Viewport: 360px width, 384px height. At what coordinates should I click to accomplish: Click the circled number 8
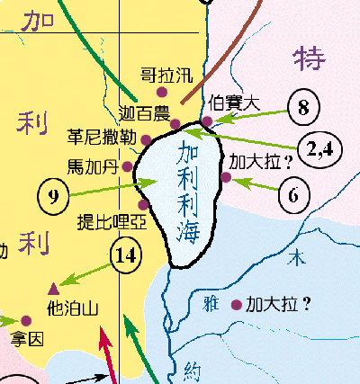coord(304,108)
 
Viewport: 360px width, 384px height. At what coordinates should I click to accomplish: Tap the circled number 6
coord(293,193)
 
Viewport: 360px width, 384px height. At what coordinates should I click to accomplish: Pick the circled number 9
coord(55,194)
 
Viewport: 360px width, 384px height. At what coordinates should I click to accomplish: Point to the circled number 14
coord(127,256)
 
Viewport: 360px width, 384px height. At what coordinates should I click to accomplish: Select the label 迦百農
coord(144,113)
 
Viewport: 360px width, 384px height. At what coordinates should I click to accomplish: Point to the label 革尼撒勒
coord(103,138)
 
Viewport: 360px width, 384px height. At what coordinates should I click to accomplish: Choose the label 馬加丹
coord(93,166)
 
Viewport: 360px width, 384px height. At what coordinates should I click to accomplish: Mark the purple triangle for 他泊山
coord(53,289)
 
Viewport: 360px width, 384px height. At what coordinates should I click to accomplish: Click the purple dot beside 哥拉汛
coord(162,92)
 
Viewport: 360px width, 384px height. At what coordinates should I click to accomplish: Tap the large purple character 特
coord(309,60)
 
